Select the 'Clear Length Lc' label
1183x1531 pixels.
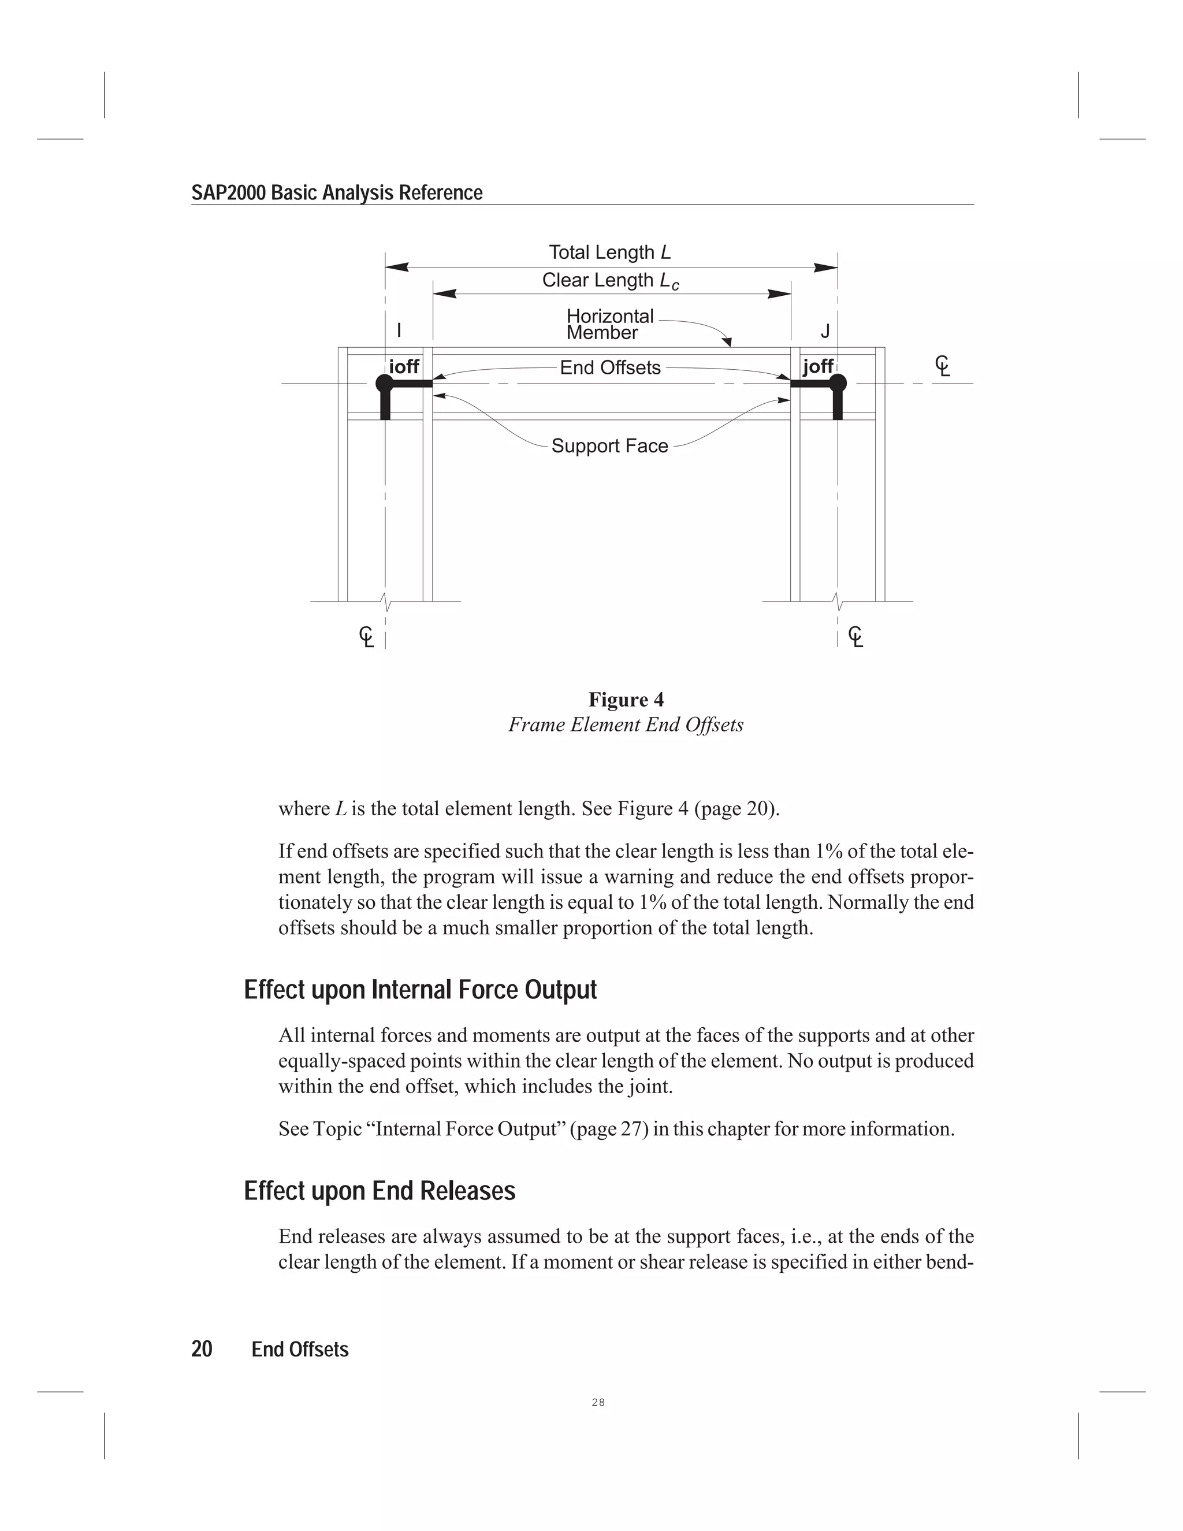pyautogui.click(x=610, y=280)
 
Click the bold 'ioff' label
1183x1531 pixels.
pyautogui.click(x=404, y=367)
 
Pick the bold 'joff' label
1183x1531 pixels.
pyautogui.click(x=818, y=367)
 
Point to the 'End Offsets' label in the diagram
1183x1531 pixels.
pyautogui.click(x=610, y=368)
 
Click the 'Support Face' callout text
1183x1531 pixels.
pyautogui.click(x=610, y=446)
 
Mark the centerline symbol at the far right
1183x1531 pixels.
pyautogui.click(x=943, y=366)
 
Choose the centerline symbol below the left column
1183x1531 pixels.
pyautogui.click(x=366, y=637)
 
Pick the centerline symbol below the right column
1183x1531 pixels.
pyautogui.click(x=855, y=637)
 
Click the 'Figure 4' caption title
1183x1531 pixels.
pyautogui.click(x=626, y=700)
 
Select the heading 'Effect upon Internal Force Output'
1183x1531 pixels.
pyautogui.click(x=421, y=990)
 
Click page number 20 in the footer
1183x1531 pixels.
pyautogui.click(x=202, y=1350)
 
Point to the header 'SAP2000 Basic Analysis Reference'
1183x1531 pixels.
pyautogui.click(x=337, y=193)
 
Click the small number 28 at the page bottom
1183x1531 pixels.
pyautogui.click(x=598, y=1403)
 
